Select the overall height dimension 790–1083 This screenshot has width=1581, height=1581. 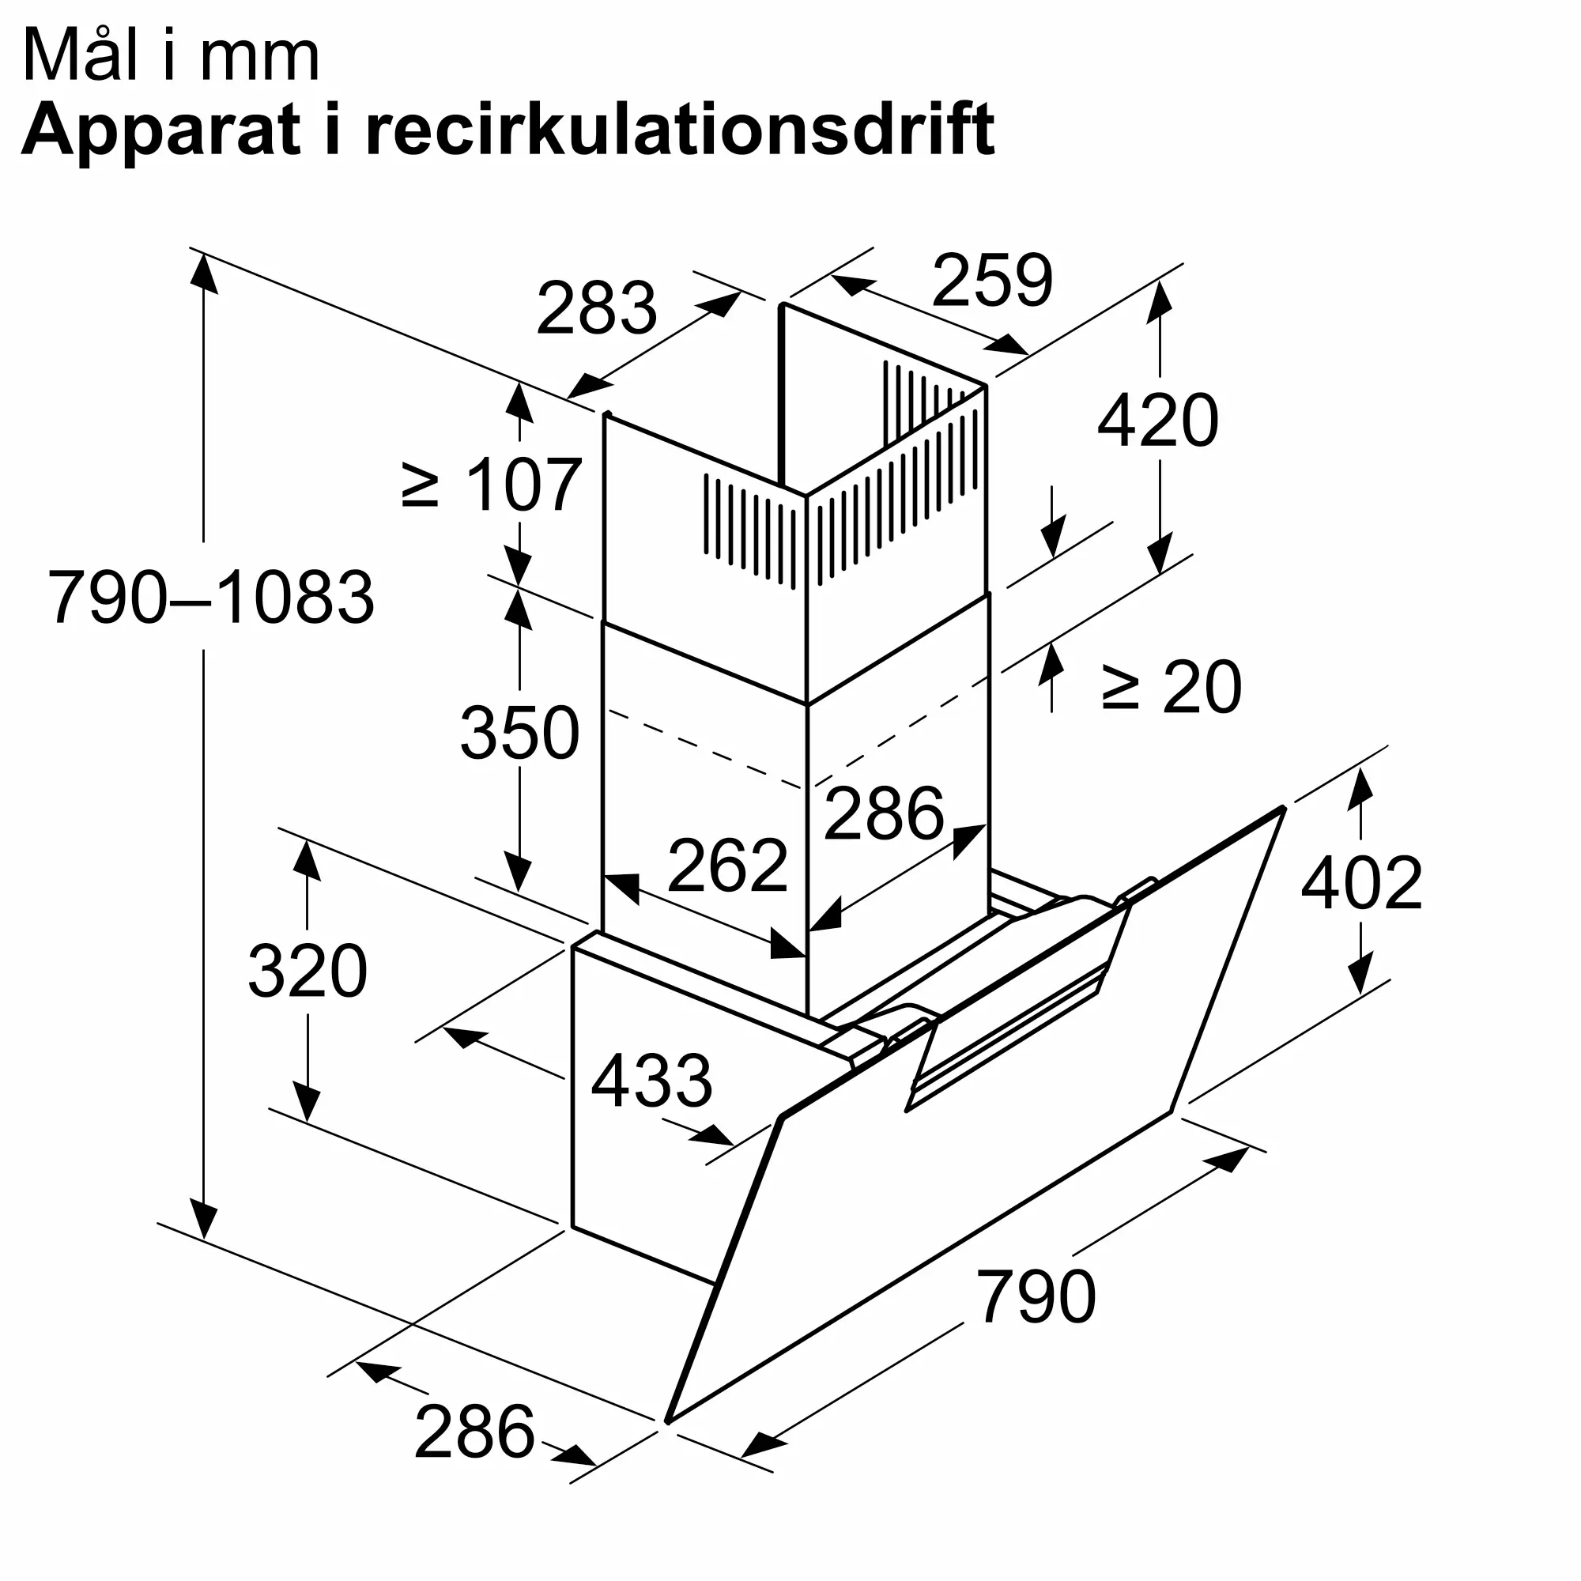(211, 598)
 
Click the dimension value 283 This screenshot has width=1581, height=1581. (596, 308)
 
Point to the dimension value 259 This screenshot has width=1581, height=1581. (992, 281)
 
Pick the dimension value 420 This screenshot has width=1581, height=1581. (1157, 421)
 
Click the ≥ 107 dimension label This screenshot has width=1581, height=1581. (492, 486)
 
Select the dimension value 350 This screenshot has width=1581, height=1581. (519, 733)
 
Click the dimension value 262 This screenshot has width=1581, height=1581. (727, 865)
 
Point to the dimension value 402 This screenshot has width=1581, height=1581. (1361, 883)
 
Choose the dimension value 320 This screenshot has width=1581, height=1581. (307, 972)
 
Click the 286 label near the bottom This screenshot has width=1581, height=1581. (474, 1432)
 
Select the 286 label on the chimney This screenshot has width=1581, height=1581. (884, 813)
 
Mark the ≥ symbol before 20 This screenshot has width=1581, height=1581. (1120, 689)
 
